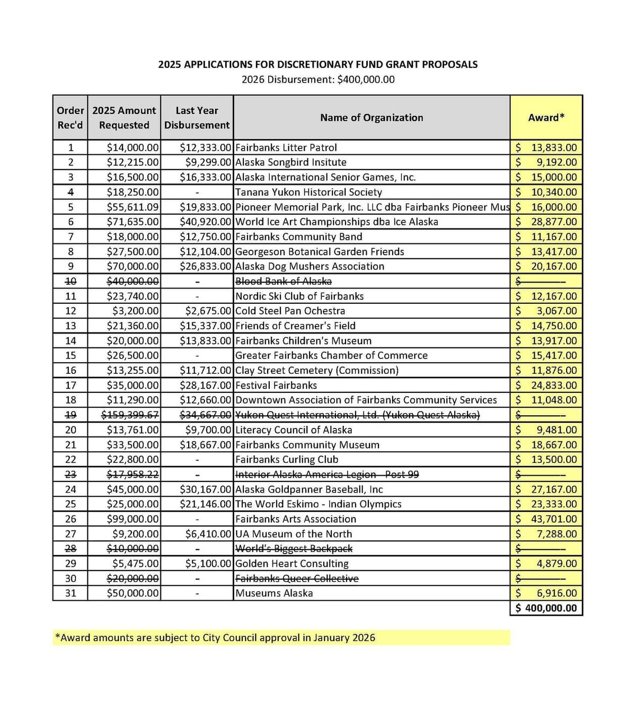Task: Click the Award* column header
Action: click(546, 118)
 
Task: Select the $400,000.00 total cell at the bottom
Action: click(546, 608)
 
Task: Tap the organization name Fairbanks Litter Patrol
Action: click(286, 147)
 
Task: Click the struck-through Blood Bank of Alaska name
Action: click(284, 281)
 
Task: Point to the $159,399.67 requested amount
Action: click(130, 415)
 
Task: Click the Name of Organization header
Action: click(372, 118)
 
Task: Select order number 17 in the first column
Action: click(70, 386)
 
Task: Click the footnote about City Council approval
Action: click(215, 637)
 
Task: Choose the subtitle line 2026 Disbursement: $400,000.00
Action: click(318, 80)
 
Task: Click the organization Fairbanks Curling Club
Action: click(287, 460)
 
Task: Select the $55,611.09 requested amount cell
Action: click(132, 207)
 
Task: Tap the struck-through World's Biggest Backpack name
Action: click(294, 549)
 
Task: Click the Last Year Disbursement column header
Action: click(197, 118)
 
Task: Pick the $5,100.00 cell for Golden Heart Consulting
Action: click(208, 564)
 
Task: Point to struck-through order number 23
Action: click(70, 475)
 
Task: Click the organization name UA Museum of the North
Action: click(294, 534)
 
